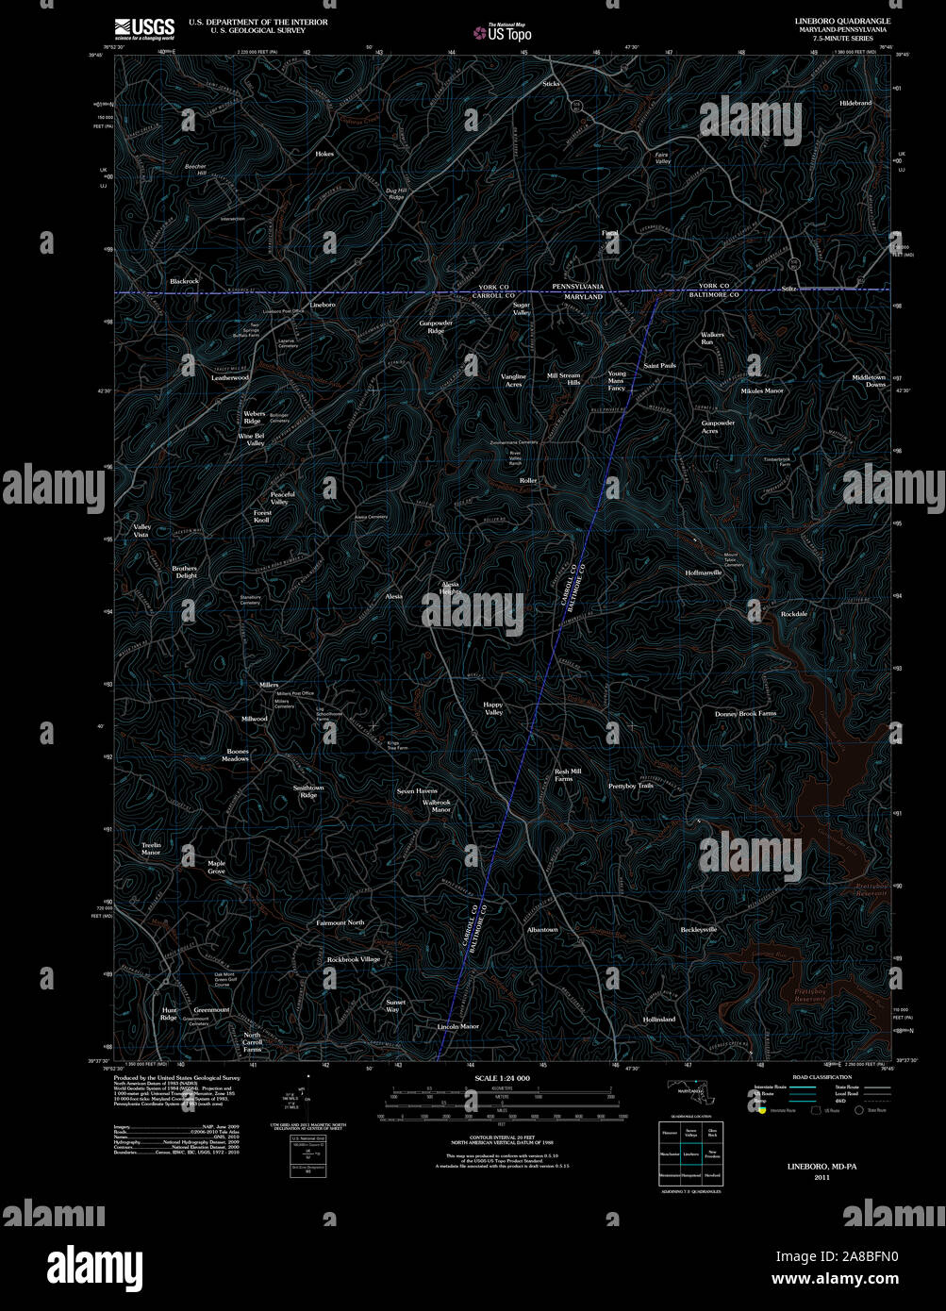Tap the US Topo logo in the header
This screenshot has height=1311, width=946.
(x=504, y=33)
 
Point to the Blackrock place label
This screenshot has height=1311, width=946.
(x=185, y=281)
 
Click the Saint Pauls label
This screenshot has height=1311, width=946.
(x=659, y=365)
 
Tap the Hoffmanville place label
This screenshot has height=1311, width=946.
(x=704, y=573)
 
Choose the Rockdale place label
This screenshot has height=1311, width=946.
(x=794, y=614)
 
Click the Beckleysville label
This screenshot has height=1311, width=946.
(x=699, y=929)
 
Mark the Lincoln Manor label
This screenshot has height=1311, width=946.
(x=458, y=1026)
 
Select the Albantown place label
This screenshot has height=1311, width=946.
(x=542, y=929)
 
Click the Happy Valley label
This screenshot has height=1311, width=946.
(x=493, y=708)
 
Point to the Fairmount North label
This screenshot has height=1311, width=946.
(x=340, y=922)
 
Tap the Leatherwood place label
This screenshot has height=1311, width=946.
(x=230, y=377)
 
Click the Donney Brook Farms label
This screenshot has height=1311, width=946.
(x=745, y=713)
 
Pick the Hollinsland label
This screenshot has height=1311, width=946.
(x=659, y=1020)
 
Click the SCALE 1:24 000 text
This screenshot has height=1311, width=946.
(x=502, y=1077)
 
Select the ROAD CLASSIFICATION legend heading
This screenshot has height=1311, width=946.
(x=822, y=1077)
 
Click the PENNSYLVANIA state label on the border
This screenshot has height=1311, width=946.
(x=577, y=286)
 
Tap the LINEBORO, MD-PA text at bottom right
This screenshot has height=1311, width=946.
(x=822, y=1167)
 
